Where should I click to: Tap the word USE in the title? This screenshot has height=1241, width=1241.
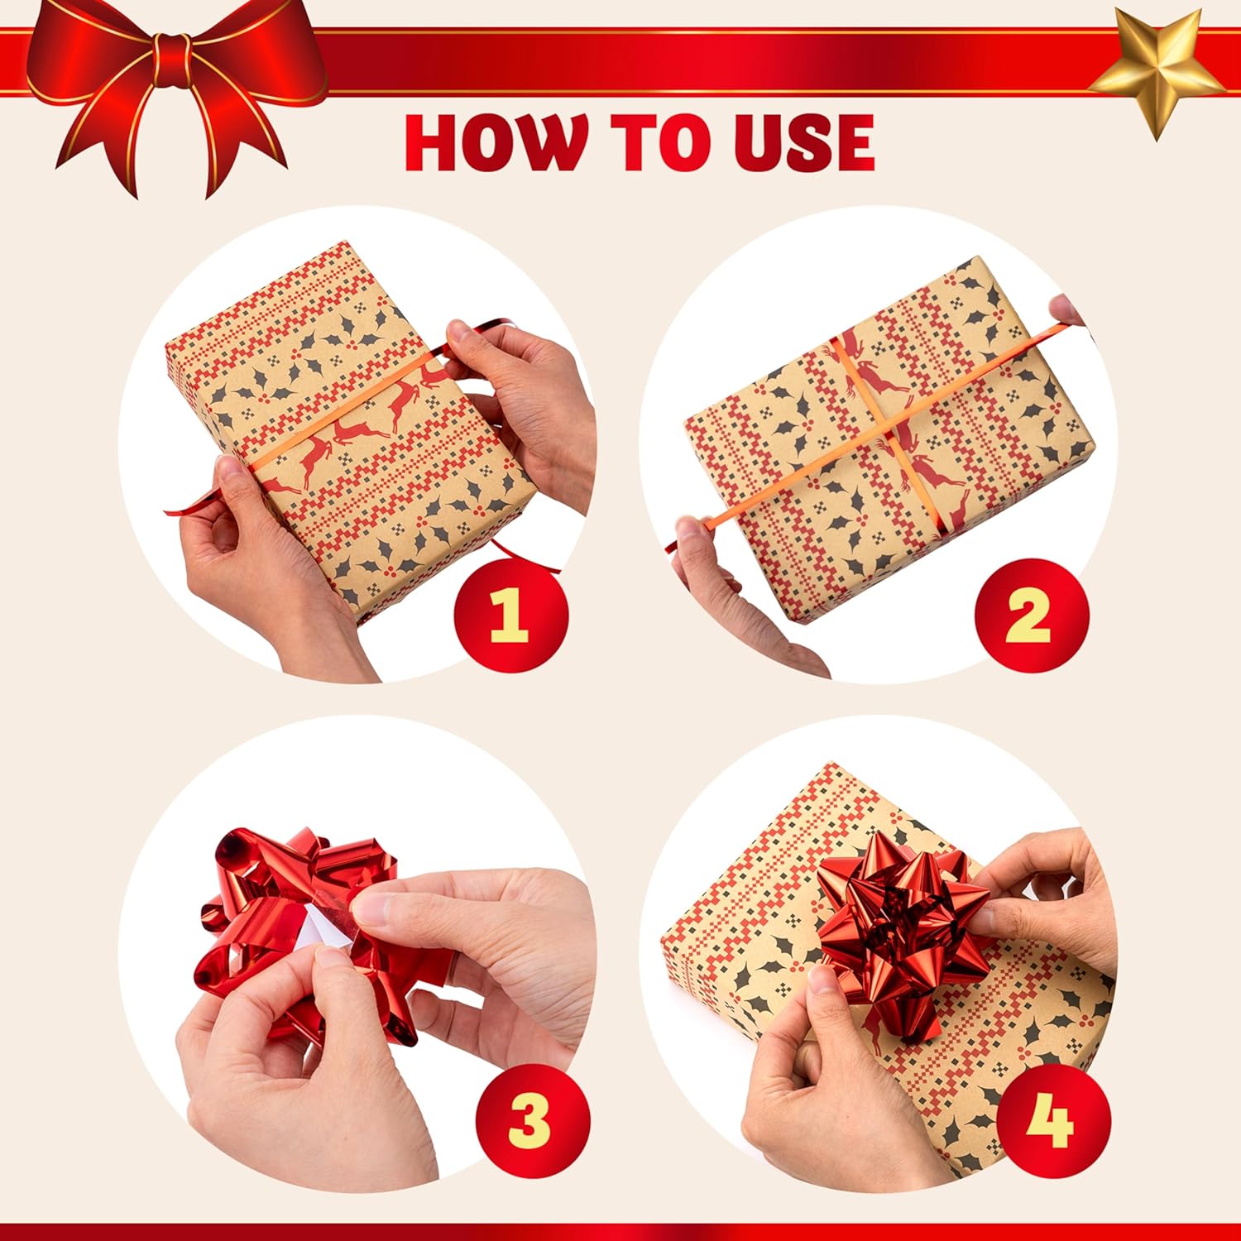click(792, 142)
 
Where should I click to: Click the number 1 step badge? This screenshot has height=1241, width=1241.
click(510, 616)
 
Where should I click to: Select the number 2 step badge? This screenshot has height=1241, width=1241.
click(1031, 616)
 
